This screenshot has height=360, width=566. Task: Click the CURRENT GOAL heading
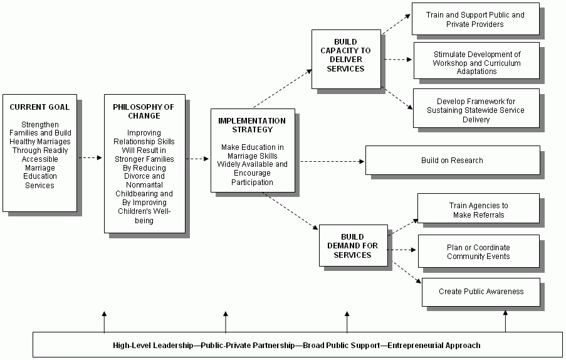click(x=39, y=107)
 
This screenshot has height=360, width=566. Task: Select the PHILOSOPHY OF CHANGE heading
click(x=144, y=111)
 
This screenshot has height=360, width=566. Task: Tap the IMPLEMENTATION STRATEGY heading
click(x=251, y=125)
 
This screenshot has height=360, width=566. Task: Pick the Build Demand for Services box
click(x=352, y=246)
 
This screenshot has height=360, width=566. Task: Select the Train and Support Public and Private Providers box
click(x=475, y=19)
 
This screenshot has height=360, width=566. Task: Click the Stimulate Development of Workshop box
click(x=476, y=63)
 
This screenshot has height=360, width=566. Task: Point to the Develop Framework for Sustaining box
click(x=476, y=110)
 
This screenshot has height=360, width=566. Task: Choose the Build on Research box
click(x=452, y=161)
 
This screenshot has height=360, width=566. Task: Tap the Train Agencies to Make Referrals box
click(x=478, y=210)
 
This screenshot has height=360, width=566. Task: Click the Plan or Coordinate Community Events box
click(x=478, y=252)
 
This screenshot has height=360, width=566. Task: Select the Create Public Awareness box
click(x=481, y=292)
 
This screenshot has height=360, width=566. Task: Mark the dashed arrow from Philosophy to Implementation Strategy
click(x=197, y=159)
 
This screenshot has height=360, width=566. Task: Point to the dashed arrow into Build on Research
click(x=332, y=161)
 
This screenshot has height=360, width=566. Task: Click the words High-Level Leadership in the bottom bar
click(x=153, y=345)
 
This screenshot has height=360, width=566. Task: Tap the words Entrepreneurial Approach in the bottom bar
click(x=434, y=345)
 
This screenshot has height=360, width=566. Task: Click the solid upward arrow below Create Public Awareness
click(x=505, y=321)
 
